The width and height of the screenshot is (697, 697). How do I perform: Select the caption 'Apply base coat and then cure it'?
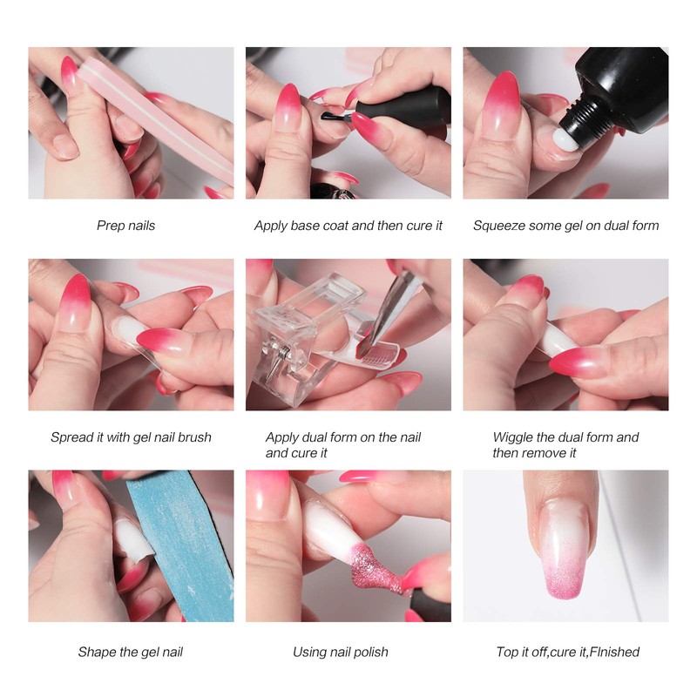pyautogui.click(x=348, y=226)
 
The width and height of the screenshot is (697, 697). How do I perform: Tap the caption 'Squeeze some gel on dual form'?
pyautogui.click(x=565, y=226)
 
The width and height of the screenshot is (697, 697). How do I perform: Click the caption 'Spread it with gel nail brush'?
pyautogui.click(x=131, y=437)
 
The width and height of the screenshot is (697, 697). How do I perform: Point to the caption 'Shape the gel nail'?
pyautogui.click(x=131, y=652)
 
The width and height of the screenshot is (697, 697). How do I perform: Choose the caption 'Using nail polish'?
pyautogui.click(x=341, y=652)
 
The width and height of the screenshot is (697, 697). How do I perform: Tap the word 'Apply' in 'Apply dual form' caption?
pyautogui.click(x=283, y=437)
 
